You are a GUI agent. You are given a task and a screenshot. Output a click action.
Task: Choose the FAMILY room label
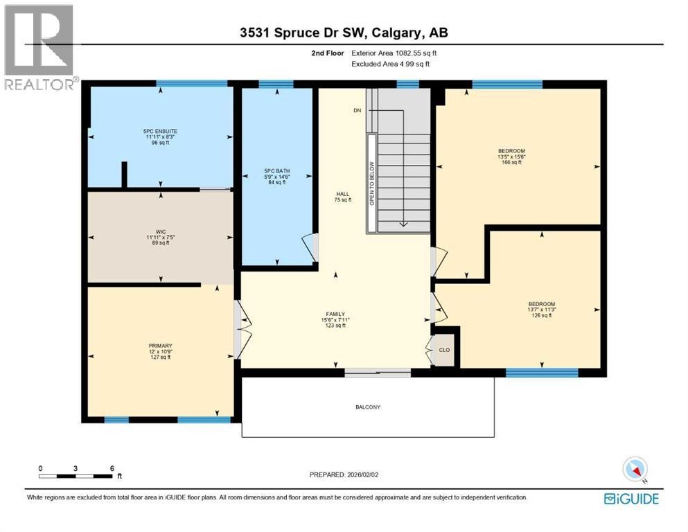tap(335, 319)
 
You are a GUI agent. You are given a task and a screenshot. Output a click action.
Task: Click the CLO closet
tap(444, 350)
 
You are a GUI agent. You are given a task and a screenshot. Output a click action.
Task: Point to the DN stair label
tap(357, 110)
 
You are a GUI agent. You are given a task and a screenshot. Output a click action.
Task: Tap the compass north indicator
tap(635, 470)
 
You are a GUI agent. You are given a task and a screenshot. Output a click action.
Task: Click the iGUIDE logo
tap(631, 499)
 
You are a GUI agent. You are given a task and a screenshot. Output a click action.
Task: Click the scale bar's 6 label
tap(112, 468)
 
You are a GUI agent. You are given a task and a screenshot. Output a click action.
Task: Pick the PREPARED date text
tap(344, 475)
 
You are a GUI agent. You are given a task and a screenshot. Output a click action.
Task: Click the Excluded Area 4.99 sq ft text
tap(390, 64)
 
